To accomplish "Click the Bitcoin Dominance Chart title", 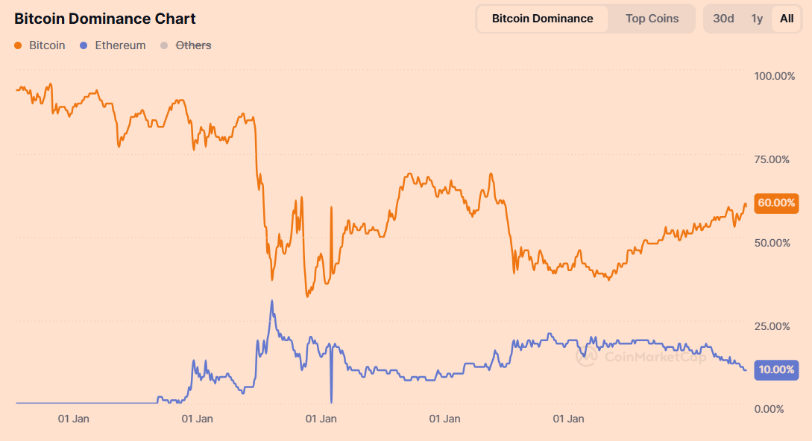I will click(105, 19).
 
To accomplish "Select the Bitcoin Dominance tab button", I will click(542, 19).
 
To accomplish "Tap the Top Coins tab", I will click(652, 19).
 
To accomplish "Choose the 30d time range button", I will click(723, 19).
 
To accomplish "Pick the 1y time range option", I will click(757, 19).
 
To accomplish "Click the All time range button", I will click(787, 19).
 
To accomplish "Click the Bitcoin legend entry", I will click(40, 45).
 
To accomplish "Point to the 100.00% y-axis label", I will click(775, 76).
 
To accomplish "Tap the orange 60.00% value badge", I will click(776, 203).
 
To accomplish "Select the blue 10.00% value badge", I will click(776, 369).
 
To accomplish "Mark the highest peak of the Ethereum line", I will click(271, 301).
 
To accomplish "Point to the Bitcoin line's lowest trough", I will click(307, 296).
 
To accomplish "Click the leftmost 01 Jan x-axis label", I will click(74, 419).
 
